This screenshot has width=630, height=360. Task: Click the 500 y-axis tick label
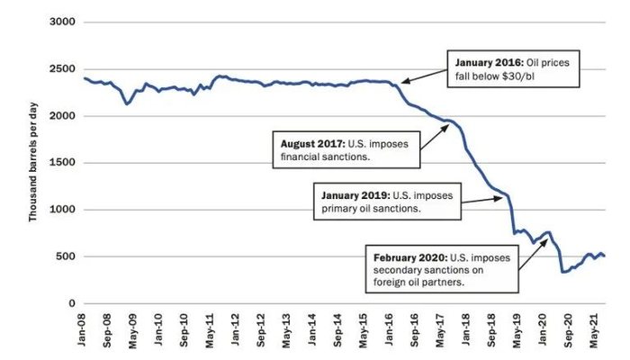[66, 256]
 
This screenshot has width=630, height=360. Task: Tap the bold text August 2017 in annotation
[310, 141]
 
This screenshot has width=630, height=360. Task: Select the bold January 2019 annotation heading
[357, 193]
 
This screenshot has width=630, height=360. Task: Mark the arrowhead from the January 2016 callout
[402, 82]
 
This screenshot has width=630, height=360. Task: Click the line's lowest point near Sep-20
[563, 272]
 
